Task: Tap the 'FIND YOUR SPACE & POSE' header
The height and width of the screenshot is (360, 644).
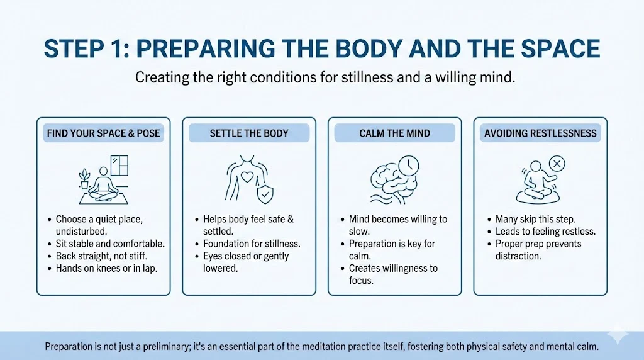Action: click(104, 133)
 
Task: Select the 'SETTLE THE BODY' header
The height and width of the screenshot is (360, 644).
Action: click(249, 133)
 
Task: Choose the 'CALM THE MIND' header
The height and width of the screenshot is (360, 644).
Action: click(395, 133)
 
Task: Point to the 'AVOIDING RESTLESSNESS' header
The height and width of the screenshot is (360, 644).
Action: click(540, 133)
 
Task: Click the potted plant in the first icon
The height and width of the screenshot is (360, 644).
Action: click(85, 179)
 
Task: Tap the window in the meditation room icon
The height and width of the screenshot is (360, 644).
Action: click(119, 165)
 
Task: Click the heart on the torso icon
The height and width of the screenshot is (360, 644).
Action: click(247, 177)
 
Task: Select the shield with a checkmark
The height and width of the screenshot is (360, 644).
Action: click(265, 193)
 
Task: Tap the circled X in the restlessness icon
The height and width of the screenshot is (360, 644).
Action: click(557, 164)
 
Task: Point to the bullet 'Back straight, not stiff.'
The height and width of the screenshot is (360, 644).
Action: click(101, 256)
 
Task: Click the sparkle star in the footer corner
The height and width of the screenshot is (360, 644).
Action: click(618, 336)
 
